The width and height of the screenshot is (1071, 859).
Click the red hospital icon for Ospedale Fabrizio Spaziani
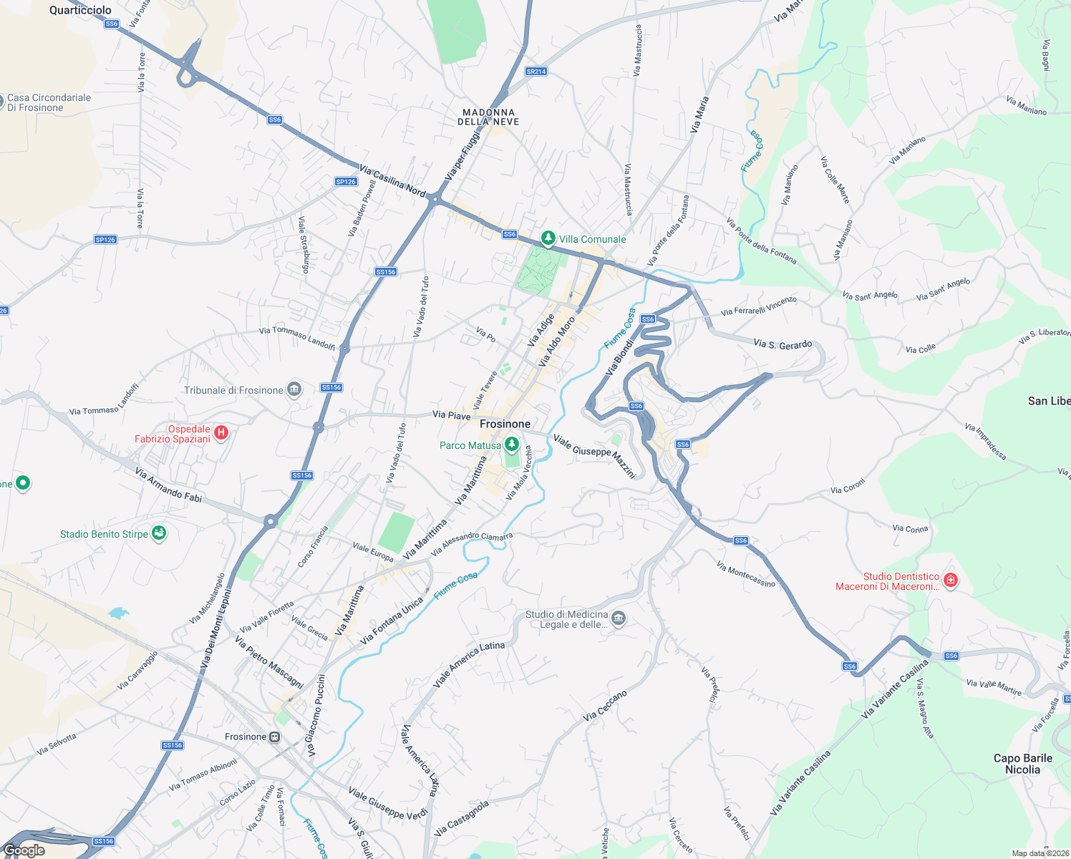(x=221, y=432)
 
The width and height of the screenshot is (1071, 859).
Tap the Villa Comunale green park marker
(x=548, y=238)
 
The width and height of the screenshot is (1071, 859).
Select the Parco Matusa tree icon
(x=511, y=445)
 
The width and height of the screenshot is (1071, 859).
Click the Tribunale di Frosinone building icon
(x=294, y=390)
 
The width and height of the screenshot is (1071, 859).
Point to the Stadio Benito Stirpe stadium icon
(x=159, y=533)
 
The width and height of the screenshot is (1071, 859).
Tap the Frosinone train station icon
(x=274, y=737)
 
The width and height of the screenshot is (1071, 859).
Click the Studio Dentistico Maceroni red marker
(x=950, y=580)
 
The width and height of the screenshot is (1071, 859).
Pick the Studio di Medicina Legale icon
(x=619, y=618)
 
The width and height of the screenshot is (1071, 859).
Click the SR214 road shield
(x=535, y=72)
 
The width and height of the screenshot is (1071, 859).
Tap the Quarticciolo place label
(x=80, y=10)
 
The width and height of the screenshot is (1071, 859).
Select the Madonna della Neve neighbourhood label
(x=490, y=117)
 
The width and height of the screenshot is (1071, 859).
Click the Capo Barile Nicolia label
(x=1022, y=764)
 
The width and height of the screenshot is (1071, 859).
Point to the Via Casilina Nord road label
(x=392, y=181)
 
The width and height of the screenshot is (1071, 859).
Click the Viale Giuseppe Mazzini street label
(x=595, y=455)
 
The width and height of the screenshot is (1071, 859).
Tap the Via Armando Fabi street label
(x=168, y=485)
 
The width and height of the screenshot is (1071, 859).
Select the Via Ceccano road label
(x=605, y=706)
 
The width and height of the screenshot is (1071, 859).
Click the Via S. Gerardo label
(x=782, y=344)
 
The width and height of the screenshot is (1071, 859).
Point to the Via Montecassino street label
(x=746, y=574)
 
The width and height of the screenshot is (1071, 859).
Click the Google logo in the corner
(x=24, y=850)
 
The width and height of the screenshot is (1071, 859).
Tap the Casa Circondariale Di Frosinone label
(x=49, y=102)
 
